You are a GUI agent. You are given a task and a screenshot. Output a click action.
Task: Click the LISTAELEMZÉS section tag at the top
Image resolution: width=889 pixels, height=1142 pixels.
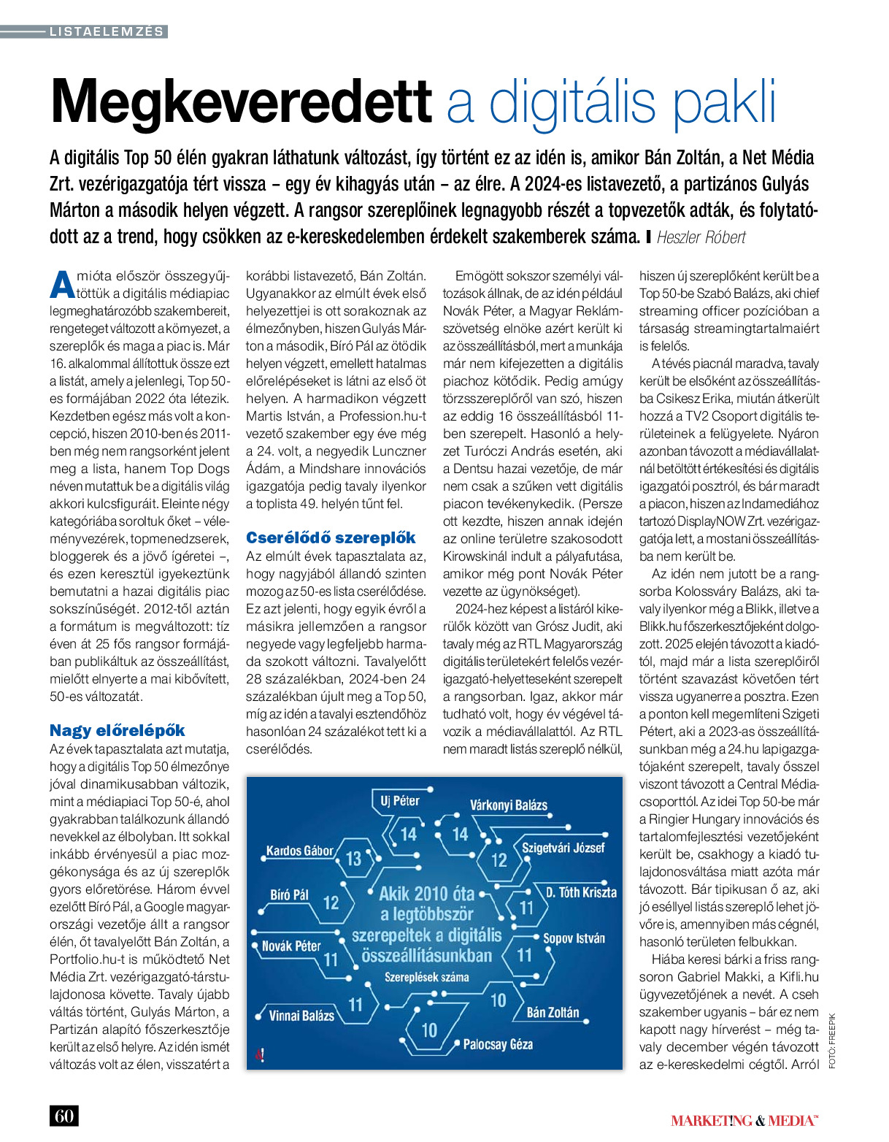pyautogui.click(x=107, y=31)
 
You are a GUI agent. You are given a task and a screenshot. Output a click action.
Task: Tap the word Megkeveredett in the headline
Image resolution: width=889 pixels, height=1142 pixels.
pyautogui.click(x=241, y=102)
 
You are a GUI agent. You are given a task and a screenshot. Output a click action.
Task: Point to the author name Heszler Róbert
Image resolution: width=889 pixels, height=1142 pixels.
pyautogui.click(x=701, y=237)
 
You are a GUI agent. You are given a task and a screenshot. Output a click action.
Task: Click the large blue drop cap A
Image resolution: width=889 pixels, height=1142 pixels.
pyautogui.click(x=62, y=284)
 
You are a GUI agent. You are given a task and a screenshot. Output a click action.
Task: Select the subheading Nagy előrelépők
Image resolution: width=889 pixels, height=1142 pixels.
pyautogui.click(x=118, y=730)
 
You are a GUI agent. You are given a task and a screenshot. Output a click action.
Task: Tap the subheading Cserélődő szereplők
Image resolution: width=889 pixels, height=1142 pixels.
pyautogui.click(x=331, y=538)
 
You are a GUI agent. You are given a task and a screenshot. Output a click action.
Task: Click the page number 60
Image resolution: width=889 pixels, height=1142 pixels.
pyautogui.click(x=64, y=1116)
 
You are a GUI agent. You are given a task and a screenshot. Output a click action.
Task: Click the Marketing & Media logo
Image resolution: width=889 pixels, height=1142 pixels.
pyautogui.click(x=744, y=1120)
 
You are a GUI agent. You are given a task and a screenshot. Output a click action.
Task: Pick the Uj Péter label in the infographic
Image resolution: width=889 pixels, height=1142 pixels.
pyautogui.click(x=400, y=801)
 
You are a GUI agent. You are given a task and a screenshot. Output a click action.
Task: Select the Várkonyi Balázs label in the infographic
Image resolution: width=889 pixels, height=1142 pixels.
pyautogui.click(x=509, y=805)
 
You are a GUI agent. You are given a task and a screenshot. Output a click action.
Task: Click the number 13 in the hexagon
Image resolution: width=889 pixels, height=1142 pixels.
pyautogui.click(x=353, y=859)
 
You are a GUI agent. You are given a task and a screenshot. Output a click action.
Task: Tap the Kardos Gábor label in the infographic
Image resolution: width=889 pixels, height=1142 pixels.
pyautogui.click(x=299, y=851)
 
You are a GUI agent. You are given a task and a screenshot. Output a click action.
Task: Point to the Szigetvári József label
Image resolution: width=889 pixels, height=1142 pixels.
pyautogui.click(x=563, y=848)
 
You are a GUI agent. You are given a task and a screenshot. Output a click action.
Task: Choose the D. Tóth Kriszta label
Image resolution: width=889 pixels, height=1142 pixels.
pyautogui.click(x=581, y=892)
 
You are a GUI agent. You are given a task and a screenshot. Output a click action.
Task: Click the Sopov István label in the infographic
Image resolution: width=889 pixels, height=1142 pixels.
pyautogui.click(x=574, y=938)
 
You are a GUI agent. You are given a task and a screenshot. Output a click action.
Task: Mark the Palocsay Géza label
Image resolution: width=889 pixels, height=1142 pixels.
pyautogui.click(x=498, y=1044)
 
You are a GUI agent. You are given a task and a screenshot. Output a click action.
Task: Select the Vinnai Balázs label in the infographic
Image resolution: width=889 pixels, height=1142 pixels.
pyautogui.click(x=301, y=1016)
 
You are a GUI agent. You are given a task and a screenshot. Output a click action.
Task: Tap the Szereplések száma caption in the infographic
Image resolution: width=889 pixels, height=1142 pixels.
pyautogui.click(x=427, y=977)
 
